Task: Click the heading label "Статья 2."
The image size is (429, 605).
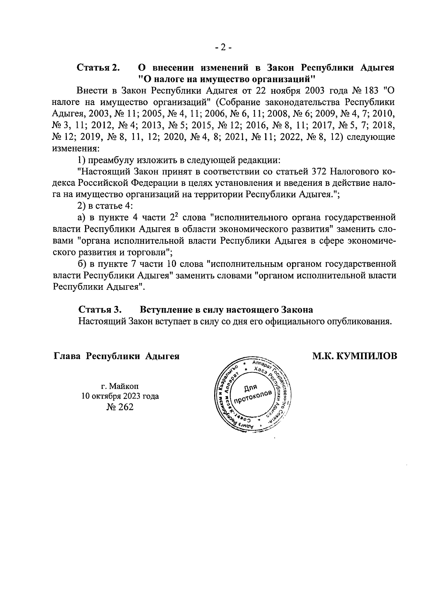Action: [x=98, y=68]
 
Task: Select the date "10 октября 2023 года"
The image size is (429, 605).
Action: [x=120, y=396]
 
